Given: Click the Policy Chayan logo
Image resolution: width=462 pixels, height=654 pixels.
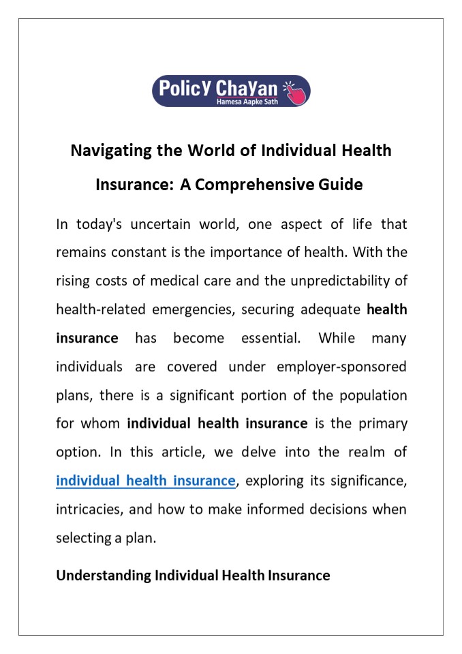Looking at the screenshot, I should click(x=230, y=91).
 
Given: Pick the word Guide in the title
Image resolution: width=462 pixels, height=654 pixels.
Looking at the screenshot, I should click(x=340, y=184).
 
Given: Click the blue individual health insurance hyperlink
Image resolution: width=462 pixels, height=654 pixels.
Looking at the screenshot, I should click(x=146, y=480).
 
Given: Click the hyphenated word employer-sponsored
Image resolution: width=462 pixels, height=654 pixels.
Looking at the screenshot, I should click(x=341, y=366).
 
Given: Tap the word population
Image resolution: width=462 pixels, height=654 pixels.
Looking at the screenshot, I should click(x=368, y=394).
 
